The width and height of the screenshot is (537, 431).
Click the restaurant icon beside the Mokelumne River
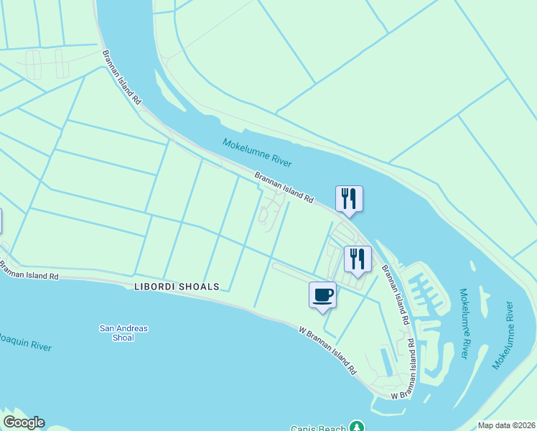tap(349, 199)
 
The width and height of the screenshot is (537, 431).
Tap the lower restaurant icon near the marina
tap(358, 259)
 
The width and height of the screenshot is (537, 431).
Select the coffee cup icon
tap(322, 295)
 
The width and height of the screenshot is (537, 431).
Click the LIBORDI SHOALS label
tap(177, 287)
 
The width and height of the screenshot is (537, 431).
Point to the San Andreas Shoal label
tap(123, 333)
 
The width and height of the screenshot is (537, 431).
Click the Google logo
tap(24, 422)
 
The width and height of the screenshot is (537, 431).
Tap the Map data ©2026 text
tap(507, 425)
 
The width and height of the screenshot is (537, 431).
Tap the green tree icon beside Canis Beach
tap(357, 427)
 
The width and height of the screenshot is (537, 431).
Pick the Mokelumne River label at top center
tap(257, 153)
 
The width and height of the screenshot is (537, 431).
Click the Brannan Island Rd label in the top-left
tap(121, 78)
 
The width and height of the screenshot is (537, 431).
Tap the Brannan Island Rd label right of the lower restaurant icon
tap(396, 292)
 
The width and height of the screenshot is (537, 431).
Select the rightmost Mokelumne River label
tap(503, 340)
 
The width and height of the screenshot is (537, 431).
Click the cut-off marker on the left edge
tap(1, 221)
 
